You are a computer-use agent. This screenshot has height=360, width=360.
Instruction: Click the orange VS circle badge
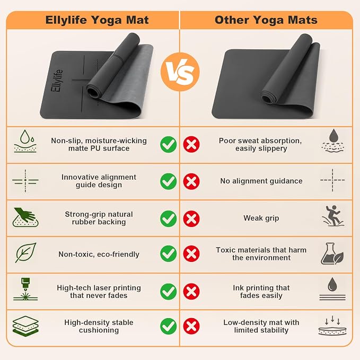180,72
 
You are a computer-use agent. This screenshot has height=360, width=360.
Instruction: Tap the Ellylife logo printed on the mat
57,81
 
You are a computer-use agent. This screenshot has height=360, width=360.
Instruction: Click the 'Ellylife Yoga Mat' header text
97,20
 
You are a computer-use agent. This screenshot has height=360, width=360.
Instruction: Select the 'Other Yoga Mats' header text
266,20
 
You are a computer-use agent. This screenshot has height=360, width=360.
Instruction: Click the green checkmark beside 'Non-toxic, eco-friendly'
168,254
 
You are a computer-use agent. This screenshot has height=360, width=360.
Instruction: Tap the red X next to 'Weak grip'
191,218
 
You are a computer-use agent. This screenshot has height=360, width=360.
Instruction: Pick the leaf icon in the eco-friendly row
25,252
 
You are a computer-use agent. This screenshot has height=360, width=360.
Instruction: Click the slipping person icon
332,216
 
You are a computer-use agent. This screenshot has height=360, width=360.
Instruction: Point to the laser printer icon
25,289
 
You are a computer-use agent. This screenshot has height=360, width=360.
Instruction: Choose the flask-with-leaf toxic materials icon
332,254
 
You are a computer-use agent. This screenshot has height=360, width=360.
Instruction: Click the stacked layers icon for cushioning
25,326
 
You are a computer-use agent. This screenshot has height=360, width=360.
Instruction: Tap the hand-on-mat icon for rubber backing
25,217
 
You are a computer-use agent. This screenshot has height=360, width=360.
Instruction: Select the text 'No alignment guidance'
261,181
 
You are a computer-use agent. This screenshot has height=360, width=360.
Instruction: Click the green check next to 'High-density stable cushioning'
168,326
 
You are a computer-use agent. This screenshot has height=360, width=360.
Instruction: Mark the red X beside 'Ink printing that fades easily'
191,292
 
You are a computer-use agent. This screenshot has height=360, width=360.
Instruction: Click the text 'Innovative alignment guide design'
99,181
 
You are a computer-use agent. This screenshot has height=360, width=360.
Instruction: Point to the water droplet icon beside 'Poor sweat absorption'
333,141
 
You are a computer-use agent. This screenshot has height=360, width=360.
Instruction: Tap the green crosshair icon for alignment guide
25,181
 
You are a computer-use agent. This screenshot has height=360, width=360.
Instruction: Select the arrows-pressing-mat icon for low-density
332,326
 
